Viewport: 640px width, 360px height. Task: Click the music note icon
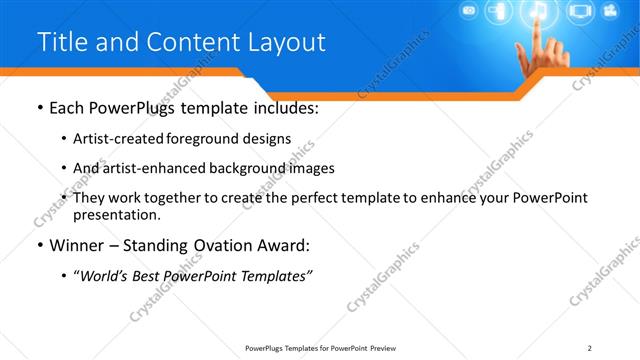point(536,12)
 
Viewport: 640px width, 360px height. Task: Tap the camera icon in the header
point(468,12)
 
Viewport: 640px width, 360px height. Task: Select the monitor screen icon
point(580,13)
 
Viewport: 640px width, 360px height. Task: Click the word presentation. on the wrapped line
point(116,215)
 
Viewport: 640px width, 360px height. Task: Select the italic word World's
point(104,276)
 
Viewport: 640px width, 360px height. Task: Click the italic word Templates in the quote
point(273,276)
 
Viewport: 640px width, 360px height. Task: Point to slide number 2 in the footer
point(590,347)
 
